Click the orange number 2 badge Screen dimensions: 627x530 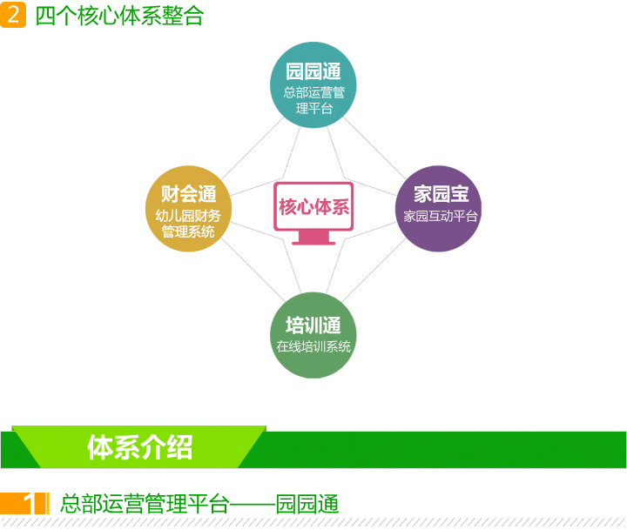(x=13, y=15)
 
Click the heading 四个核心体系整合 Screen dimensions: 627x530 (x=119, y=16)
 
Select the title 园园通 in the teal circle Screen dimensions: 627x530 (x=313, y=71)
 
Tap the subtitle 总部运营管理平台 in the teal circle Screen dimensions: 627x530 (x=313, y=100)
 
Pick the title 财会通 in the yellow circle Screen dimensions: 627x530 (x=188, y=194)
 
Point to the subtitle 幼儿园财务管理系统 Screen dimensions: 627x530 (x=188, y=224)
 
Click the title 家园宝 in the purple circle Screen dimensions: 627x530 (x=441, y=194)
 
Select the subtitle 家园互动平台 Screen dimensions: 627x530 (x=441, y=216)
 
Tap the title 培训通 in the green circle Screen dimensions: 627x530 (x=313, y=325)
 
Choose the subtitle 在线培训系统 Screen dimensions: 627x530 (x=313, y=346)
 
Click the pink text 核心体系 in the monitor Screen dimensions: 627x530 (x=313, y=206)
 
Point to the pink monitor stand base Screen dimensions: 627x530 (x=313, y=243)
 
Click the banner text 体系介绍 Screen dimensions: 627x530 (x=140, y=447)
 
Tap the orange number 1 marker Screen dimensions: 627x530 (x=28, y=503)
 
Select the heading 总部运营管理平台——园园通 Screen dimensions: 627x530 (x=199, y=504)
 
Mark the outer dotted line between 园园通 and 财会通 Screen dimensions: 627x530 (x=253, y=148)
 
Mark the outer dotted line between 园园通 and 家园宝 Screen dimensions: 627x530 (x=374, y=148)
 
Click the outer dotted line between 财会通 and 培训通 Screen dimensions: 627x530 (x=253, y=270)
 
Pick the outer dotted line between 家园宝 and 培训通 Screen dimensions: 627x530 (x=374, y=270)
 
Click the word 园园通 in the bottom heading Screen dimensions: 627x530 (x=307, y=504)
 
